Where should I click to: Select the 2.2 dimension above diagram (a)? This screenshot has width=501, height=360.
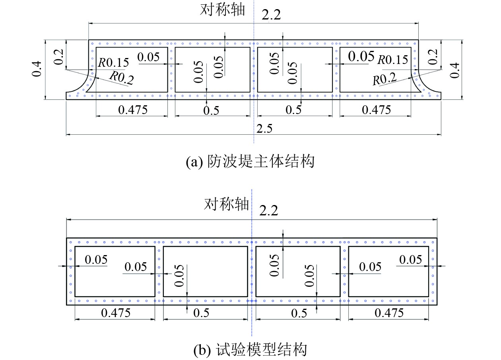click(271, 15)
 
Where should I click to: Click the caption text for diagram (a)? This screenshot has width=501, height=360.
click(250, 162)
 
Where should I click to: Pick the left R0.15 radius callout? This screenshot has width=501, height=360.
click(114, 62)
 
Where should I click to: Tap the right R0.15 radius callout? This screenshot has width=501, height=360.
click(392, 60)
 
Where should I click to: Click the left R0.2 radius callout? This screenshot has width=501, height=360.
click(121, 77)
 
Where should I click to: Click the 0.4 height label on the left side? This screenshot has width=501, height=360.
click(37, 70)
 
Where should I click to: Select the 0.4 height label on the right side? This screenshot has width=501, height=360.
click(456, 70)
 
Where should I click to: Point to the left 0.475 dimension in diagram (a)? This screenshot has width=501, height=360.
click(133, 109)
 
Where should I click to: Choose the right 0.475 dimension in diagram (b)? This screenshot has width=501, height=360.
click(389, 313)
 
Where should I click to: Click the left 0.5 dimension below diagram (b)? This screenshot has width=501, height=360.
click(201, 313)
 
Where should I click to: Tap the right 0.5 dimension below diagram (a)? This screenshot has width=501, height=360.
click(293, 110)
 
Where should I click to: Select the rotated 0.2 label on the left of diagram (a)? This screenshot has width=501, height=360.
click(58, 57)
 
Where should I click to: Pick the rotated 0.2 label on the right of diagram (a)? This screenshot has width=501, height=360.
click(434, 57)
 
